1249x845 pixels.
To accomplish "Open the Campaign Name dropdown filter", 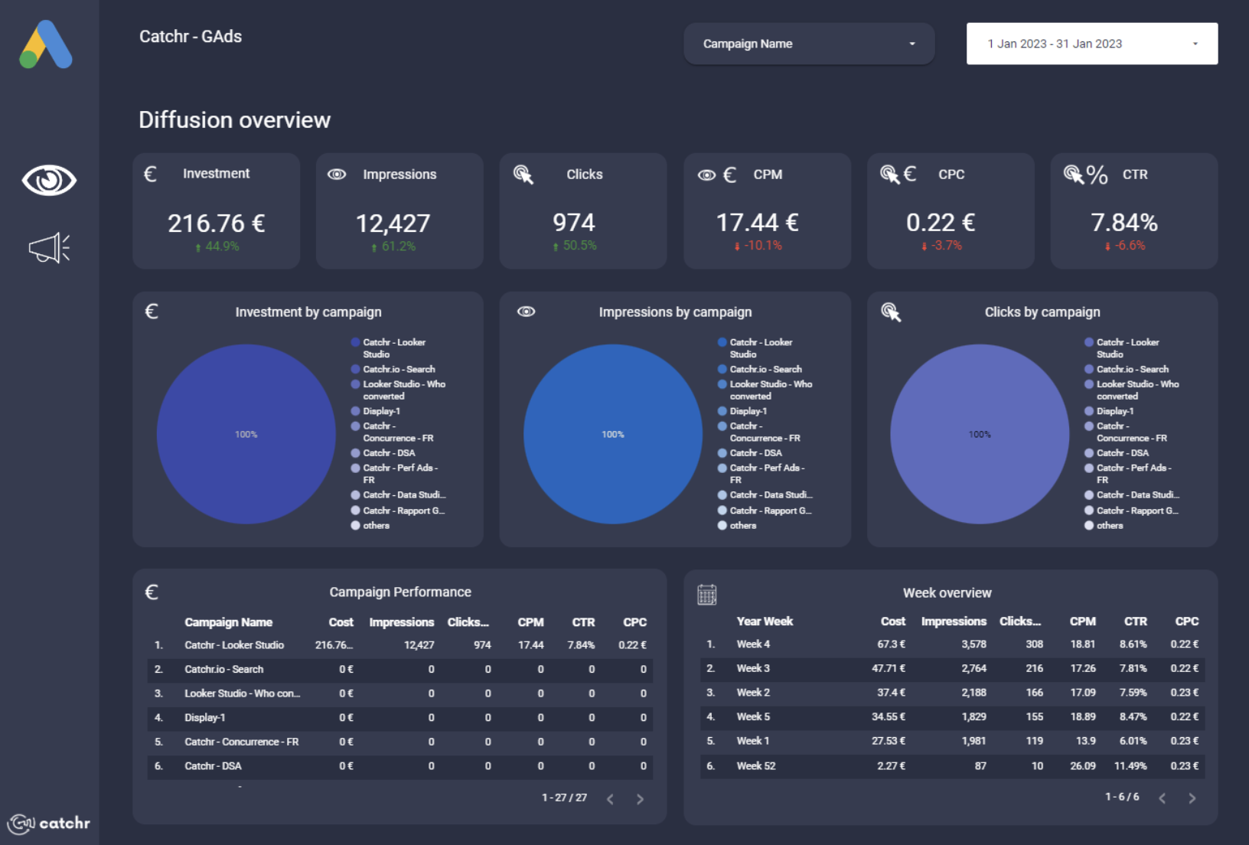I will pos(808,44).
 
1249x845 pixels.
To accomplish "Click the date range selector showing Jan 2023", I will pos(1091,44).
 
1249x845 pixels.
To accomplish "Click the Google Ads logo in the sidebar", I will pos(46,44).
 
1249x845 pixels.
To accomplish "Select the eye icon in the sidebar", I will pos(49,181).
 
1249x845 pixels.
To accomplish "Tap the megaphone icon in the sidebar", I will pos(49,248).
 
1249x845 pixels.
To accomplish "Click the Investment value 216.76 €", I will pos(216,223).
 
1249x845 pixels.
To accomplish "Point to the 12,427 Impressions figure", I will pos(393,223).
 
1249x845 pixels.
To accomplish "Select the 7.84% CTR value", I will pos(1123,223).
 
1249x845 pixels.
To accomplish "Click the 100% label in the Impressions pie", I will pos(612,434).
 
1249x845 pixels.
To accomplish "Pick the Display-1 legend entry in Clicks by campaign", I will pos(1114,411).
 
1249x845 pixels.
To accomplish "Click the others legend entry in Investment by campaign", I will pos(376,526).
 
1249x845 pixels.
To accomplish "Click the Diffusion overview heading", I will pos(234,120).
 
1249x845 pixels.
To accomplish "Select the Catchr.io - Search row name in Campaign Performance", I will pos(223,669).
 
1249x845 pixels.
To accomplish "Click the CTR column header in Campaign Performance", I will pos(583,622).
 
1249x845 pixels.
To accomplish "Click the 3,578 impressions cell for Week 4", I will pos(973,644).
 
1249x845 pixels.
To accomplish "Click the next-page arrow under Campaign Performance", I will pos(640,799).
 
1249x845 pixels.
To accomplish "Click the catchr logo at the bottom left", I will pos(49,824).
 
